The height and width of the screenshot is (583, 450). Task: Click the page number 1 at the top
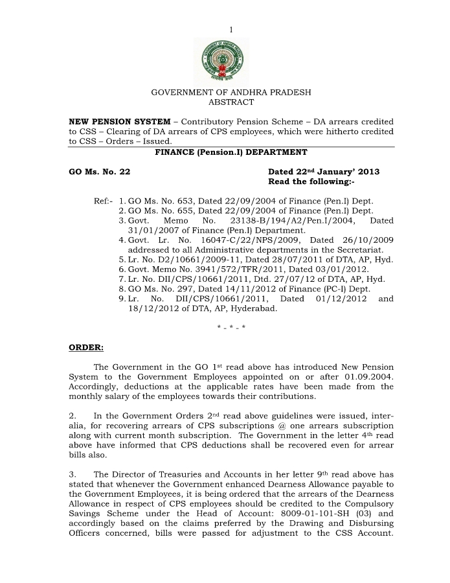click(x=231, y=30)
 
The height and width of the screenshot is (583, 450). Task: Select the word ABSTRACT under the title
click(x=231, y=102)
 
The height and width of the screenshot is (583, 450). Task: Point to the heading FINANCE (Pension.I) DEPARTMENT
click(x=231, y=152)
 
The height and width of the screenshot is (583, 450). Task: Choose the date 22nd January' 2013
click(x=324, y=172)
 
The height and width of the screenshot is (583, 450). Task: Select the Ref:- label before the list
click(x=104, y=201)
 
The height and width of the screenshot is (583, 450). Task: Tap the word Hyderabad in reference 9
click(x=254, y=308)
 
